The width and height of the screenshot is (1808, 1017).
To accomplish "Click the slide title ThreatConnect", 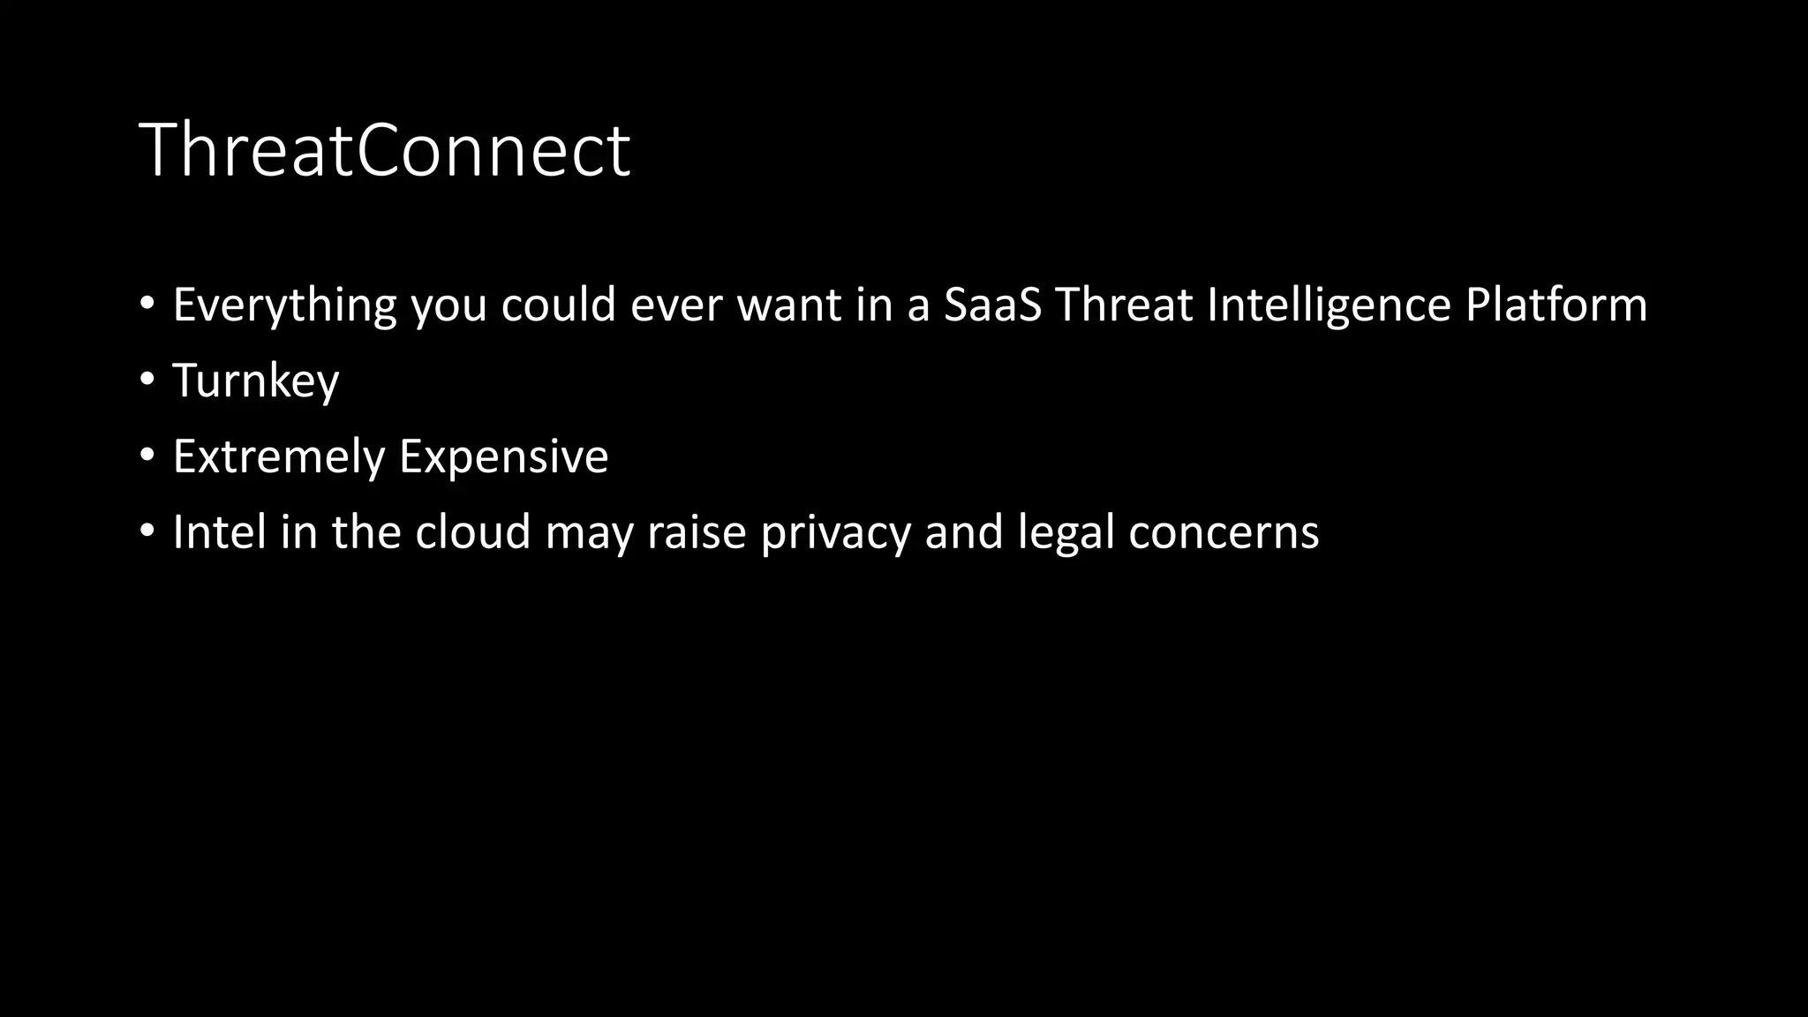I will (384, 151).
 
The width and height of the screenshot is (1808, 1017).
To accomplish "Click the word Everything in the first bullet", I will (284, 305).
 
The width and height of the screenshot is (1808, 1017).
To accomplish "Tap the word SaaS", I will (992, 305).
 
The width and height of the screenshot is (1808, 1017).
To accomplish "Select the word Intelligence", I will (1329, 305).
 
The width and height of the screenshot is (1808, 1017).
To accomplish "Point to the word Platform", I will (1556, 305).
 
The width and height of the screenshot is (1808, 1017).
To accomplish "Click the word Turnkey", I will (256, 381).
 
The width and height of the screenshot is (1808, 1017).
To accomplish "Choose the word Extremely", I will (279, 457).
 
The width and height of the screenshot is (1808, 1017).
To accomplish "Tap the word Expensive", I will (503, 457).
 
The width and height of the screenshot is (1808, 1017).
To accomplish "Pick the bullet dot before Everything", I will (147, 305).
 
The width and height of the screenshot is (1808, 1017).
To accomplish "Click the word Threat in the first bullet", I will (1124, 305).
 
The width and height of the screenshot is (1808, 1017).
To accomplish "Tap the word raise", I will (697, 533).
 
